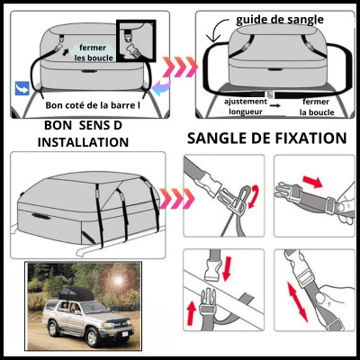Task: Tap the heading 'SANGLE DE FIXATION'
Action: point(266,139)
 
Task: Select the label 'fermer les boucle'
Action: point(93,53)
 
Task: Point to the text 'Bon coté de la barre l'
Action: point(93,104)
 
